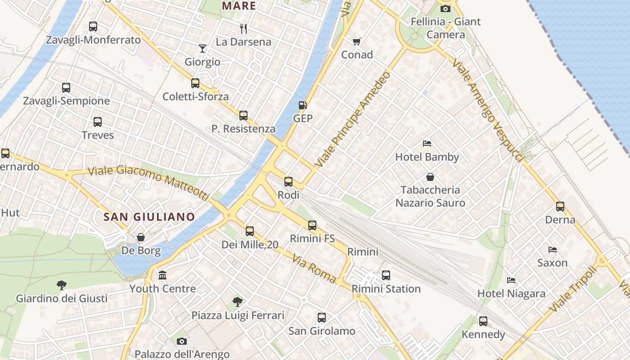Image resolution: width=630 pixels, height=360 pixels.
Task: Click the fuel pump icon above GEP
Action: tap(303, 105)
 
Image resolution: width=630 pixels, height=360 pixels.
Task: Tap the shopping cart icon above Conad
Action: tap(357, 41)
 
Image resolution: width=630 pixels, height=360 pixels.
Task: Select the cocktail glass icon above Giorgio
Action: tap(202, 49)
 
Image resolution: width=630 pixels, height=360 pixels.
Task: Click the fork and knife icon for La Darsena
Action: tap(243, 29)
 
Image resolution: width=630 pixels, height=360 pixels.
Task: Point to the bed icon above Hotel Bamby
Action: tap(427, 144)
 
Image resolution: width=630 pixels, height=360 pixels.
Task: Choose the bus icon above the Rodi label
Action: tap(288, 182)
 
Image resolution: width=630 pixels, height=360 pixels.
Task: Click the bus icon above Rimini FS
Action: tap(312, 225)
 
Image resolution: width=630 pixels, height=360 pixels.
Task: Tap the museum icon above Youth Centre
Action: tap(162, 275)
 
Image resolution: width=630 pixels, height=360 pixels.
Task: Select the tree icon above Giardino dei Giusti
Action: tap(62, 285)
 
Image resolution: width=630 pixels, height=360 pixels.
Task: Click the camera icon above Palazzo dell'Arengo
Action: tap(182, 341)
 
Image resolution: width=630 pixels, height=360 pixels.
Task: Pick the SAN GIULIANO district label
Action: tap(149, 217)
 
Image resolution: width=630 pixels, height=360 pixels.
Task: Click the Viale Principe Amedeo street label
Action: tap(353, 120)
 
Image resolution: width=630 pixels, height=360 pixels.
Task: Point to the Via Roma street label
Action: tap(314, 269)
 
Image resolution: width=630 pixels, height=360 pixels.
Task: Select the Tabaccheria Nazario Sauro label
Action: tap(430, 196)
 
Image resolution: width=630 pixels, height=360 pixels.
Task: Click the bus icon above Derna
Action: tap(560, 207)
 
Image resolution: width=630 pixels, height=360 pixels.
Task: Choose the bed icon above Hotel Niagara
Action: tap(511, 280)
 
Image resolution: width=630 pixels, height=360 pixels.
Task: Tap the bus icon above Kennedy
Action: tap(483, 321)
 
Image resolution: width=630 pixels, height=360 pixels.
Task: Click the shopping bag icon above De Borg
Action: tap(141, 237)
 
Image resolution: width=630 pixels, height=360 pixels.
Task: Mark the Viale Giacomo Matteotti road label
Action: tap(148, 182)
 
